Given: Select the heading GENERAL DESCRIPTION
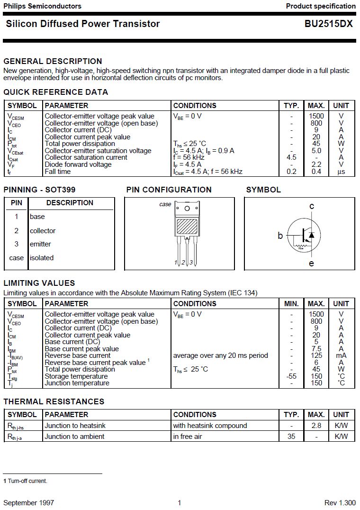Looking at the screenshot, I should [53, 61].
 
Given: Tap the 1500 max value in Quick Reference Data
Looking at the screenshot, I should [316, 116].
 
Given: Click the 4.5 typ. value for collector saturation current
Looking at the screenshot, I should [291, 157].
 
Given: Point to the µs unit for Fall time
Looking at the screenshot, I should [341, 172].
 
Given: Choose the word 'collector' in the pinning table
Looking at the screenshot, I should [43, 231].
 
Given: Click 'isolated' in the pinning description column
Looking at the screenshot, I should [42, 258].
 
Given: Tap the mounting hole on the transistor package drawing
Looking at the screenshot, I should [187, 209].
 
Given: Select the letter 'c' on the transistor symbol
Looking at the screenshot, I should [312, 206].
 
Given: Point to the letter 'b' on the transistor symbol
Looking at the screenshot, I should [280, 236].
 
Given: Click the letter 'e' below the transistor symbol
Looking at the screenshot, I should [311, 264].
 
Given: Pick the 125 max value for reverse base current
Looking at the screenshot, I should [316, 355].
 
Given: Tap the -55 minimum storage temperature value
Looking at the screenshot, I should [291, 376].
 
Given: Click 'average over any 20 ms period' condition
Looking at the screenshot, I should [220, 355].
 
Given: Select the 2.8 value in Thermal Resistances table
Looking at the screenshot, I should [316, 426].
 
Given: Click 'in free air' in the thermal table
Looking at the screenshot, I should [188, 437].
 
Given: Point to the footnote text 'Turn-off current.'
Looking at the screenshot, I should [27, 481].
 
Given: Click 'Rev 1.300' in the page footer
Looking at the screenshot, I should [340, 502].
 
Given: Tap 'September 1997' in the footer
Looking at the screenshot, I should [28, 502].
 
